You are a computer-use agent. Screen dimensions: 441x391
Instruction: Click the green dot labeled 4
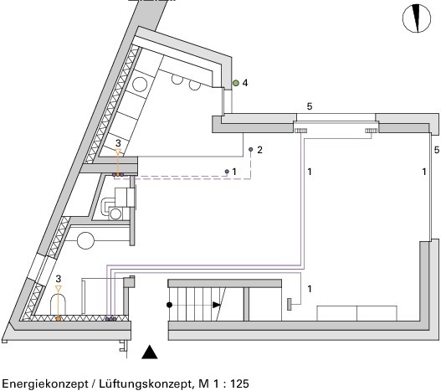click(236, 83)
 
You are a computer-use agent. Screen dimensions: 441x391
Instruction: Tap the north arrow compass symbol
click(417, 18)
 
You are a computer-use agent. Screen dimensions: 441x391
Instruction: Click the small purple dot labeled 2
click(250, 150)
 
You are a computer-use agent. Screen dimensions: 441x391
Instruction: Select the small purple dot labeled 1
click(227, 171)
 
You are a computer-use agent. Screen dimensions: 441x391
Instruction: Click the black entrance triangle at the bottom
click(149, 352)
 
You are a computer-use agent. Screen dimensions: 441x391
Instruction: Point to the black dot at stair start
click(169, 305)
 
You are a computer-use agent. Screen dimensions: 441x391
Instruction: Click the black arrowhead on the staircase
click(216, 305)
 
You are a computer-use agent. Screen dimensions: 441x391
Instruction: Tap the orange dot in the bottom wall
click(59, 319)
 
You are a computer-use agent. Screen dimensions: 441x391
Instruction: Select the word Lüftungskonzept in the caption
click(145, 383)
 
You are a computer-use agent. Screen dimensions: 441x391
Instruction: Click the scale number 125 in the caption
click(239, 383)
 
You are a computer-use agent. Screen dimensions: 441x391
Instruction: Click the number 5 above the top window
click(310, 106)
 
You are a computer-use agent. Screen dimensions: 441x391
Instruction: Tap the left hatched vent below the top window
click(300, 131)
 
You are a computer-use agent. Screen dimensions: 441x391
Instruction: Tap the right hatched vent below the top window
click(372, 131)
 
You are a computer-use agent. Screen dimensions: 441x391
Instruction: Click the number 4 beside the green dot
click(245, 83)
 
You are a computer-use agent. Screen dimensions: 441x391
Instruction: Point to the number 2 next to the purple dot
click(259, 150)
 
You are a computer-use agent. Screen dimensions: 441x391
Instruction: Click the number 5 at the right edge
click(437, 150)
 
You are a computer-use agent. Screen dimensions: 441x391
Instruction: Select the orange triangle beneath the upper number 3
click(118, 152)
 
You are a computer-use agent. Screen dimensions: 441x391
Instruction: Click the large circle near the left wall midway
click(85, 240)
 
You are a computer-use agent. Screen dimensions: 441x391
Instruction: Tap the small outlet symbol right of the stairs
click(290, 304)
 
